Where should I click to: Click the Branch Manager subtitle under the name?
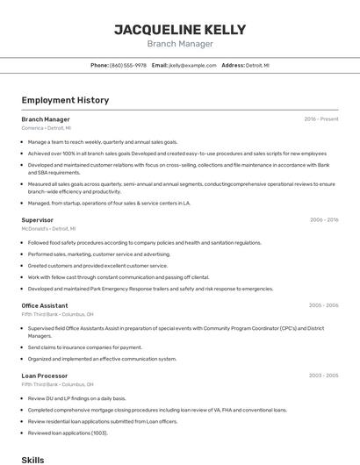(179, 43)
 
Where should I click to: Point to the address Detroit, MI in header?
(257, 65)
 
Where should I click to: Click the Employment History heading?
(65, 100)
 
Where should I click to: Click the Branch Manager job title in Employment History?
(46, 119)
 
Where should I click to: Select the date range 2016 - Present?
(321, 119)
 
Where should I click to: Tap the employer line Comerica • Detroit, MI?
(47, 128)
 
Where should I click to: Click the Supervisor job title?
(38, 220)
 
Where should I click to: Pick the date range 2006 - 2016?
(324, 220)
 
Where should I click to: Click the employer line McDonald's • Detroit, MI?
(48, 228)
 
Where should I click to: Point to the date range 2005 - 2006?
(323, 305)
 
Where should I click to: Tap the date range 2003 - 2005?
(323, 376)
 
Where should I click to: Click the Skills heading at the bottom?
(33, 459)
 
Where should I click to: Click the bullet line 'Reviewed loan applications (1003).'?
(68, 433)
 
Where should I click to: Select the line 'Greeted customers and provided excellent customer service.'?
(97, 265)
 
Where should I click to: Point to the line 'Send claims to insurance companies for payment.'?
(84, 347)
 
